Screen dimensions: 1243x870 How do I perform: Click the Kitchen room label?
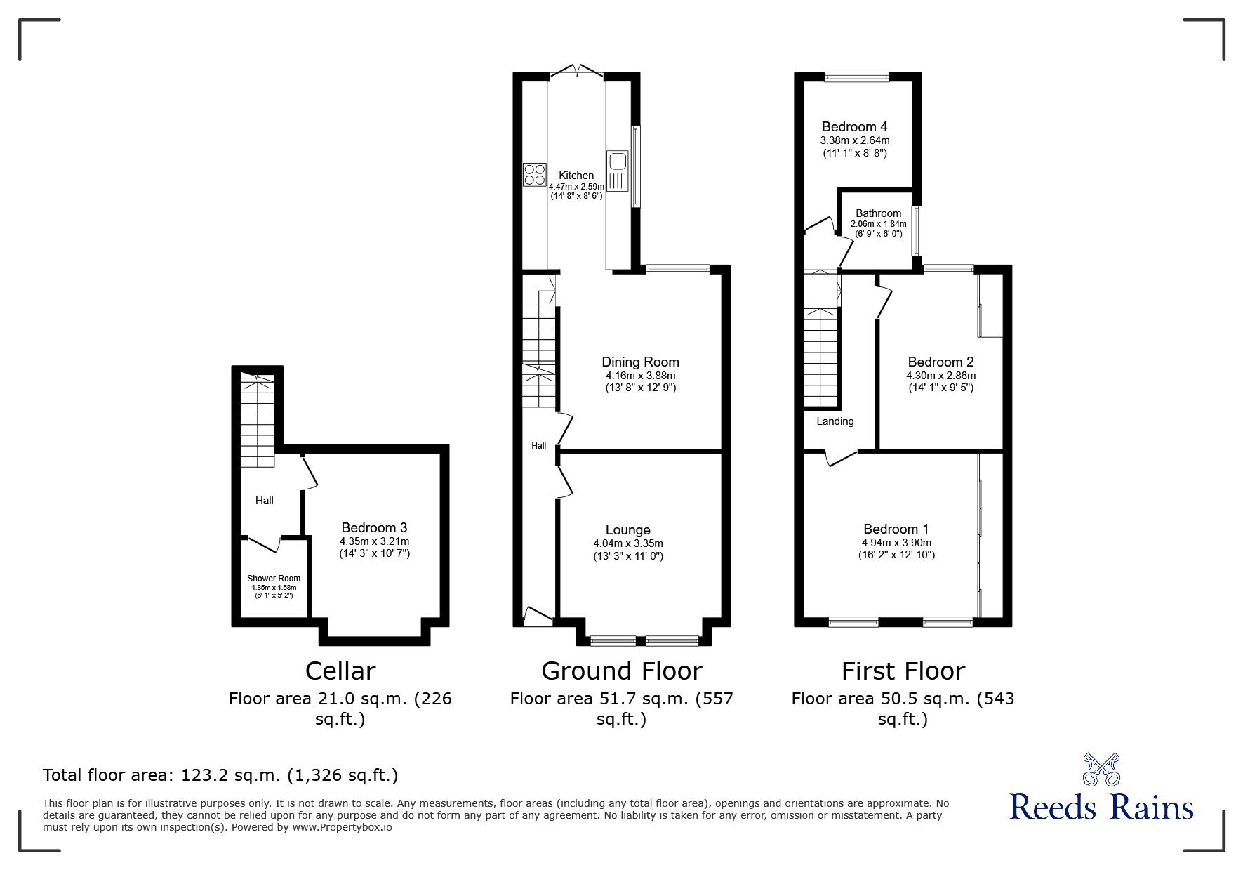(x=576, y=176)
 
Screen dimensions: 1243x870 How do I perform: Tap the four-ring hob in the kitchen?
(x=535, y=174)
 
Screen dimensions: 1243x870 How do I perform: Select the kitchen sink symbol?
(x=618, y=171)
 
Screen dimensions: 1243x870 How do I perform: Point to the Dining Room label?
(x=641, y=362)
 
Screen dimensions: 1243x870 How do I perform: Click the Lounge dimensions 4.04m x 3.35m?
(x=628, y=543)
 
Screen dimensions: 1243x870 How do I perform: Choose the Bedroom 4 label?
(x=855, y=127)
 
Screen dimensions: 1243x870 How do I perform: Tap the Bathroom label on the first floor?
(x=879, y=213)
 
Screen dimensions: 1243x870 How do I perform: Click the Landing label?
(x=835, y=421)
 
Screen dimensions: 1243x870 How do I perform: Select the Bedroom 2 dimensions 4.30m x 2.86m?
(x=941, y=376)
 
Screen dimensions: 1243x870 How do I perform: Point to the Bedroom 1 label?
(x=896, y=529)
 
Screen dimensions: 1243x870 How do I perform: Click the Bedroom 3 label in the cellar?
(x=374, y=528)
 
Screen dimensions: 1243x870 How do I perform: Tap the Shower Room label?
(x=274, y=579)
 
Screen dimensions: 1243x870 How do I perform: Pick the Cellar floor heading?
(x=340, y=671)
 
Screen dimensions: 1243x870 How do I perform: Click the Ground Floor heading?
(x=622, y=671)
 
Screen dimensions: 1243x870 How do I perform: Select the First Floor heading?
(x=903, y=671)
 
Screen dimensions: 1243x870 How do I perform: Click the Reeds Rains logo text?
(x=1102, y=808)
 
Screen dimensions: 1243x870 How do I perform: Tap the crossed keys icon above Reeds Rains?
(x=1102, y=770)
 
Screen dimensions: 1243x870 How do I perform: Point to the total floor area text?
(x=220, y=776)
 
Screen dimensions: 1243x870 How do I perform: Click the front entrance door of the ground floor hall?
(x=538, y=616)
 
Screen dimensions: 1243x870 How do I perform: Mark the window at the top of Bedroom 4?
(x=856, y=77)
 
